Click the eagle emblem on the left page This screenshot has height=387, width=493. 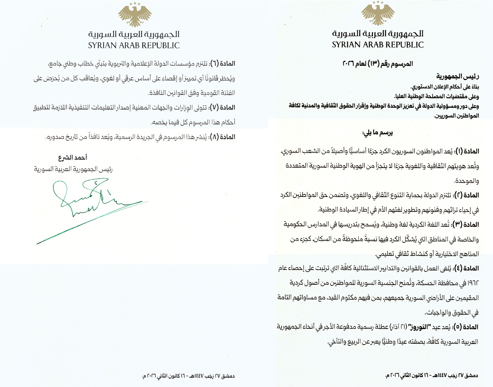click(135, 14)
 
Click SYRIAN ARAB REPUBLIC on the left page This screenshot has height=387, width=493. click(134, 45)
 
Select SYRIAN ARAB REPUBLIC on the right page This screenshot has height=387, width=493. click(378, 45)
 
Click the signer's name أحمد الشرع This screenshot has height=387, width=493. click(73, 157)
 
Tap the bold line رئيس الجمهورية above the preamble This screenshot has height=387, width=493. click(458, 76)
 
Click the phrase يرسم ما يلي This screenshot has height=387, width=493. click(377, 133)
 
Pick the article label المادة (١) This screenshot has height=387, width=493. click(467, 151)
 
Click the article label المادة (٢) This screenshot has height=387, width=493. click(466, 195)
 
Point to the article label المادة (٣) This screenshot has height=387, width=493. click(466, 225)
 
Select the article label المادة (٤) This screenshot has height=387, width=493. click(466, 268)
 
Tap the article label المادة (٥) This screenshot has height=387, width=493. click(466, 327)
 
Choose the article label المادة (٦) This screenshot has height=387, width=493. click(223, 64)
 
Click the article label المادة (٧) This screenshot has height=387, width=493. click(223, 108)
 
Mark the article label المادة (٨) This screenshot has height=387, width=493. click(223, 137)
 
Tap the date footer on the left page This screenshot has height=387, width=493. click(188, 376)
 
